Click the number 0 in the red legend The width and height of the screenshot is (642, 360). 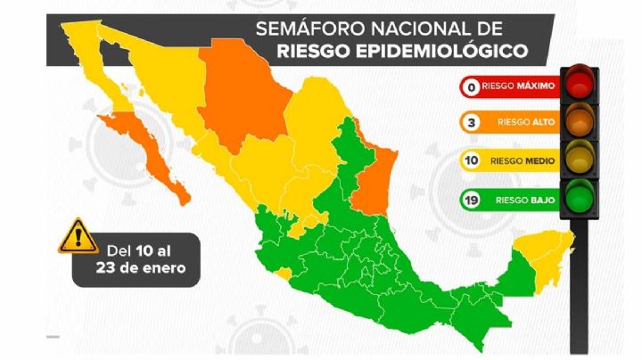click(468, 87)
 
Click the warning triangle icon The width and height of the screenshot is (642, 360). click(78, 235)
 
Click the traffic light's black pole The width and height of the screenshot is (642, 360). click(581, 285)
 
